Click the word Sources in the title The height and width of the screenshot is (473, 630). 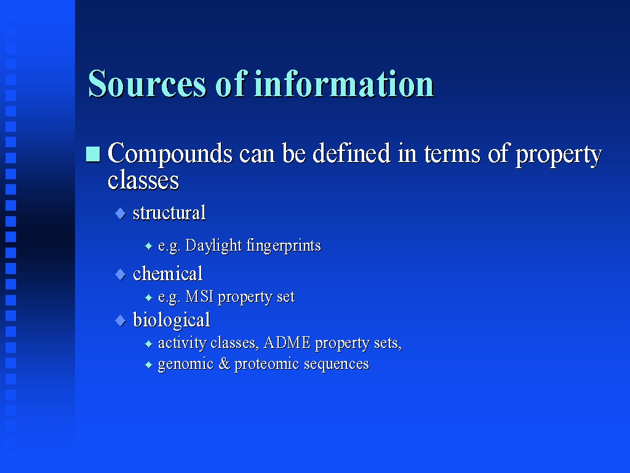click(147, 84)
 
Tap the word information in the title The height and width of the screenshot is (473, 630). click(344, 84)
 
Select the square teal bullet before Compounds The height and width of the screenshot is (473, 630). click(94, 154)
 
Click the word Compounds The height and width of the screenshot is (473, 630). click(170, 154)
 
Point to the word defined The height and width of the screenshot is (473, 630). click(351, 153)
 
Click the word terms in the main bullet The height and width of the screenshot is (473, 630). click(452, 154)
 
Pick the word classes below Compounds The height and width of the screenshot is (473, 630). click(143, 180)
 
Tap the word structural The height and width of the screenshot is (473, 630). click(169, 212)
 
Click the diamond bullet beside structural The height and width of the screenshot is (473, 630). click(121, 214)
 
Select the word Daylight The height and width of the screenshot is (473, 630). click(213, 246)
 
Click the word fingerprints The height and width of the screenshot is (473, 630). click(284, 246)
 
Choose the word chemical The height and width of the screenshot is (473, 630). click(167, 274)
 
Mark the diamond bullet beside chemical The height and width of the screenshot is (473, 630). click(121, 275)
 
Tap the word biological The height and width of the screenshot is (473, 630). click(172, 320)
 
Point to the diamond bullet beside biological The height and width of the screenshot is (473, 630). click(121, 321)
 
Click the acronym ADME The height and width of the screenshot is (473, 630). click(287, 342)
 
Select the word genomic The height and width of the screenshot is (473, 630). click(186, 365)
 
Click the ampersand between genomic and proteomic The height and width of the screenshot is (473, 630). click(224, 363)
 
